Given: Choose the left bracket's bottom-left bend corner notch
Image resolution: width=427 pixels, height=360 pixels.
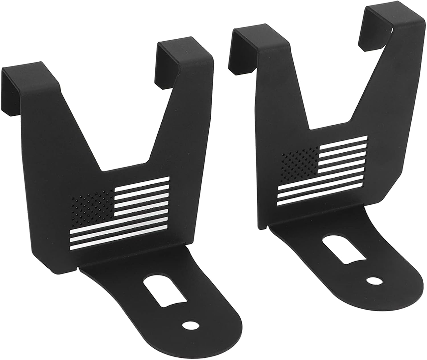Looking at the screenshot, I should pyautogui.click(x=78, y=268).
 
